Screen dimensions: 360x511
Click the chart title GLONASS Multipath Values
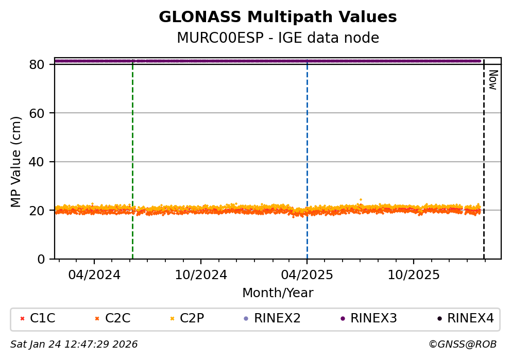pos(278,17)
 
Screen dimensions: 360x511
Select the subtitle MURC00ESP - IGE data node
pos(278,38)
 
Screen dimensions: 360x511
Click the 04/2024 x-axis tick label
pos(94,275)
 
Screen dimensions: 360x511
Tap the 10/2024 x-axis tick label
pos(200,275)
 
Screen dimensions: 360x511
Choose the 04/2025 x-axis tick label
pos(307,275)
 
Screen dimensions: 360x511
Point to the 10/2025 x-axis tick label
pos(414,275)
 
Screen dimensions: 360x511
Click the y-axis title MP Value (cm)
pos(16,162)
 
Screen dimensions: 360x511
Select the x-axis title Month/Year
pos(278,293)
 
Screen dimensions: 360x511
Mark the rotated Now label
pos(492,80)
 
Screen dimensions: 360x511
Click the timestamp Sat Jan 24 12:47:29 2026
pos(74,344)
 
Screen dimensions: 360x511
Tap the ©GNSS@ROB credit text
pos(462,344)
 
